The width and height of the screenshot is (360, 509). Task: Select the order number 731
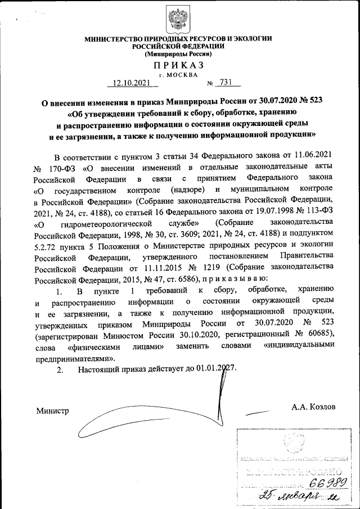point(226,83)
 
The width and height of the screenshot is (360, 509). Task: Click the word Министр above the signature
point(52,411)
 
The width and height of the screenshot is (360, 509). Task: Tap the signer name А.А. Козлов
point(313,406)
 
